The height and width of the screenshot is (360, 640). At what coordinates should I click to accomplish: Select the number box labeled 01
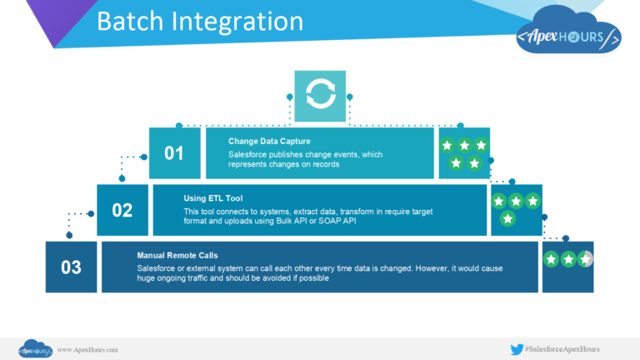[x=174, y=153]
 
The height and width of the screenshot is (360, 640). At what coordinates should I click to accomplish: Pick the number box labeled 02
[x=122, y=210]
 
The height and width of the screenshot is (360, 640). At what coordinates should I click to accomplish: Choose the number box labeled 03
[x=71, y=267]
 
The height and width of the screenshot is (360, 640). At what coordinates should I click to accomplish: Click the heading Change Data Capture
[x=270, y=141]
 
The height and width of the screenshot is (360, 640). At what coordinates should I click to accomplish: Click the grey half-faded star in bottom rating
[x=587, y=260]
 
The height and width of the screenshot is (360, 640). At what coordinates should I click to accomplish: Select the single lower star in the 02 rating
[x=507, y=218]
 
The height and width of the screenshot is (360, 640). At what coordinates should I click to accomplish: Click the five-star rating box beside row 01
[x=464, y=153]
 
